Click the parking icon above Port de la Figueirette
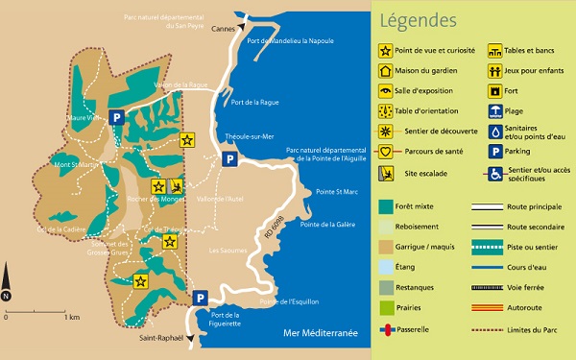point(200,299)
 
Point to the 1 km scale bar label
point(70,317)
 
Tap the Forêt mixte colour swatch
point(386,205)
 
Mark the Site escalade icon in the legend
point(387,174)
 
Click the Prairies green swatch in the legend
point(386,308)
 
